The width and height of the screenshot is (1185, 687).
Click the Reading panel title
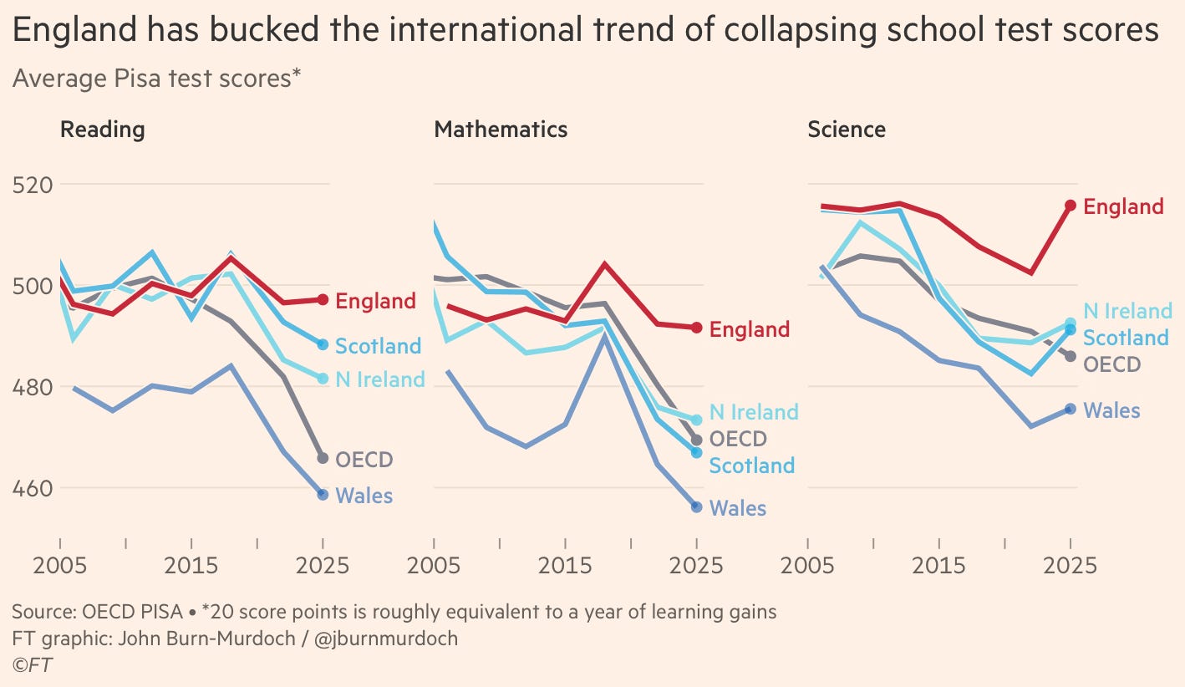(x=103, y=130)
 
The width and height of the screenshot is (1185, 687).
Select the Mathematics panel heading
(x=501, y=130)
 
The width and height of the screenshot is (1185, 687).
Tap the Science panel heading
(x=847, y=130)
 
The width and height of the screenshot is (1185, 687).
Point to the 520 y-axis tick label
(x=33, y=186)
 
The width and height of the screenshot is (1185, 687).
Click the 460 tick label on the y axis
(x=33, y=489)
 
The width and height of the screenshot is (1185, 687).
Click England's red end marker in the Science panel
(x=1071, y=206)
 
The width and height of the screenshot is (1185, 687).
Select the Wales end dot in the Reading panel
(x=323, y=495)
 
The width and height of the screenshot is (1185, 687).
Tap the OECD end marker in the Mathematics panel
(x=697, y=440)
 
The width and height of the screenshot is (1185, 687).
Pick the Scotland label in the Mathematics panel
(x=752, y=466)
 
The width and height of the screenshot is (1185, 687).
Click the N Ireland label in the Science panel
(x=1128, y=311)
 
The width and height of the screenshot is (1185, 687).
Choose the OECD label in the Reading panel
(x=364, y=460)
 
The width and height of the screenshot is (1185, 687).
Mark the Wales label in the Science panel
(x=1111, y=411)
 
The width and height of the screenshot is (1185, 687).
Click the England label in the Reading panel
(x=375, y=302)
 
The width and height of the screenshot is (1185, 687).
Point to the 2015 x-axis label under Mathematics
(x=565, y=566)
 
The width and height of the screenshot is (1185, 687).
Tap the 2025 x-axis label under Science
(x=1070, y=566)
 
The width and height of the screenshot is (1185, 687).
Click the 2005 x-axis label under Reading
(x=60, y=566)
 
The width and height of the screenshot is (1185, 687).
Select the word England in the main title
(x=75, y=30)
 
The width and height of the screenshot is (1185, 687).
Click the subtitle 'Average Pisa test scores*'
(x=156, y=79)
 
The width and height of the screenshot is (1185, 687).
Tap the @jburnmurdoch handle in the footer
(x=386, y=639)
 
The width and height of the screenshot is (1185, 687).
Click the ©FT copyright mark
(x=33, y=665)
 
